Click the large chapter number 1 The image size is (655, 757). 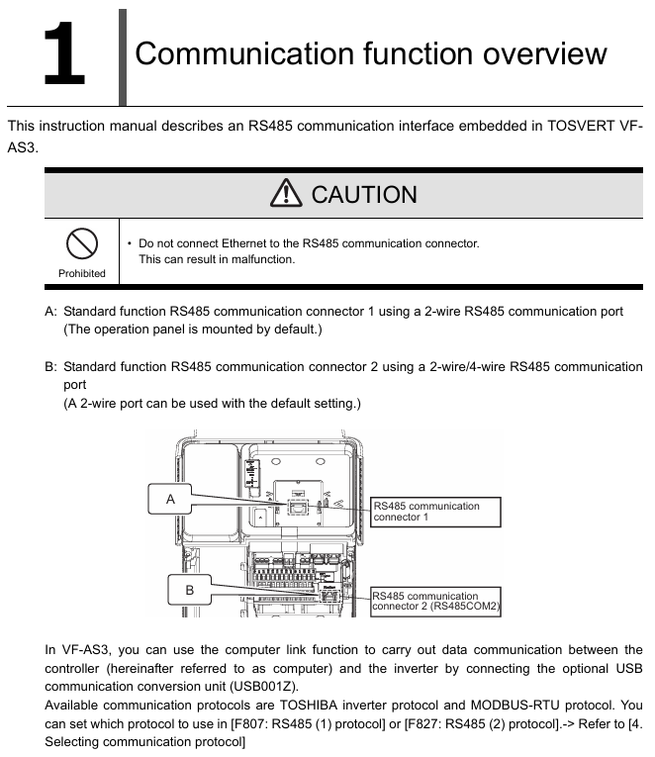coord(63,57)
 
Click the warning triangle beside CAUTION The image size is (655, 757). coord(290,194)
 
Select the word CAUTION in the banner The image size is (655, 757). coord(364,194)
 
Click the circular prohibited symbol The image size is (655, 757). coord(81,243)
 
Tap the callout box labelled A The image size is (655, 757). coord(171,500)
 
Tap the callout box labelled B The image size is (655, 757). coord(190,590)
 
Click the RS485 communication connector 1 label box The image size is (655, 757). coord(435,512)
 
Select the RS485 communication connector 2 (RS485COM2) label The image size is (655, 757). coord(436,602)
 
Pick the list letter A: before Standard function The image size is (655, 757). coord(51,311)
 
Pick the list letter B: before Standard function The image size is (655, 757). coord(51,366)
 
